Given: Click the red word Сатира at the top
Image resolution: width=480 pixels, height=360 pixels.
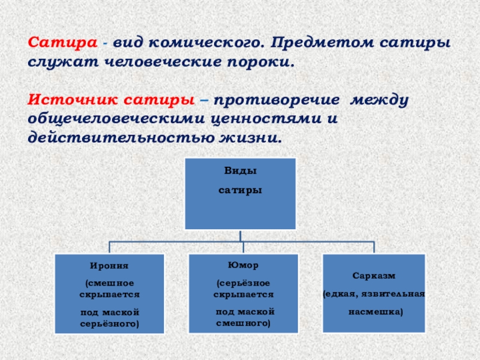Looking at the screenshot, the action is coord(62,44).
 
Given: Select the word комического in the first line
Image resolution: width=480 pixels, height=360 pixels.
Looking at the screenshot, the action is coord(203,44).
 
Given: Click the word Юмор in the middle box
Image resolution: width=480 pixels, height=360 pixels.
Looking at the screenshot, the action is coord(240,264).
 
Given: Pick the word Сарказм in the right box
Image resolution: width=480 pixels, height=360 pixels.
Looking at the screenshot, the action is coord(374,275).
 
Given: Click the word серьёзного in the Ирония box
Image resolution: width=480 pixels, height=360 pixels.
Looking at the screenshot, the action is coord(109,323).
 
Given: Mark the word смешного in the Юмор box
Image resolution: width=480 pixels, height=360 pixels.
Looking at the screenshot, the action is coord(243,323).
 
